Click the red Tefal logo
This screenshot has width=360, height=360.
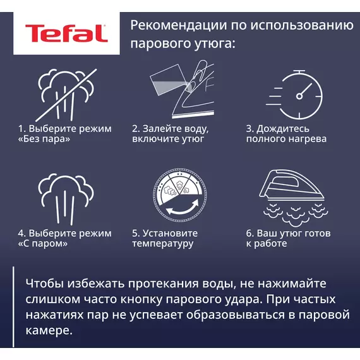[x=66, y=33]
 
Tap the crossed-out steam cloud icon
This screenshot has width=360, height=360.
[x=66, y=95]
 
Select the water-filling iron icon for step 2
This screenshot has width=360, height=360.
[x=182, y=89]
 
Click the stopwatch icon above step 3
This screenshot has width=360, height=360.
[x=294, y=95]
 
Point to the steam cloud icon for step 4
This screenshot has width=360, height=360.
[x=66, y=199]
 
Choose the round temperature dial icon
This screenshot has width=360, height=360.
[x=180, y=195]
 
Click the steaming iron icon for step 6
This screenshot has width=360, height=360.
[x=294, y=198]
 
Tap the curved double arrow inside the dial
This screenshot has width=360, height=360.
[x=182, y=208]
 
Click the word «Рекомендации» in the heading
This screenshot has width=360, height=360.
[x=179, y=25]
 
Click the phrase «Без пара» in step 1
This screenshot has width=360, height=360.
[x=44, y=139]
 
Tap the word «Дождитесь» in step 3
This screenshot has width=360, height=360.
[x=283, y=129]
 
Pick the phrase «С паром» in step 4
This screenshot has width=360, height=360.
[x=43, y=244]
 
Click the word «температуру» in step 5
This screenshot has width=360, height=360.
[x=162, y=244]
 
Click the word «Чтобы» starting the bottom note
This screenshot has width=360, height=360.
[x=45, y=284]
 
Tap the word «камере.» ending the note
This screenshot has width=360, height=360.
[x=49, y=330]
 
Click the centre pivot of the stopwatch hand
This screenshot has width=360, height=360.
[x=299, y=96]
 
